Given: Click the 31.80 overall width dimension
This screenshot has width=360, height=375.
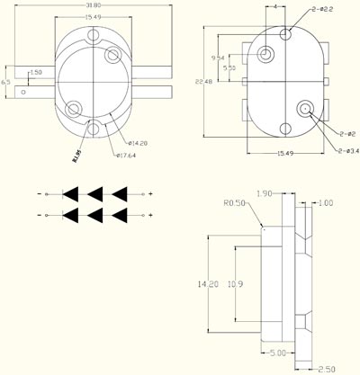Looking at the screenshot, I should coord(92,5).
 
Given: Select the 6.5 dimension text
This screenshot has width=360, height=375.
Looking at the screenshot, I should coord(6,82).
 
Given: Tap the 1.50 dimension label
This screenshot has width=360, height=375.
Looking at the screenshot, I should coord(36,72).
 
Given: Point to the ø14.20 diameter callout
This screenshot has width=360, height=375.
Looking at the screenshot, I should coord(138,142).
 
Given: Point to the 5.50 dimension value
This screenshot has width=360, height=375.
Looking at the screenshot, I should coord(229,68).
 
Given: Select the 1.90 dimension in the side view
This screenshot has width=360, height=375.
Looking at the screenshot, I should coord(265,193).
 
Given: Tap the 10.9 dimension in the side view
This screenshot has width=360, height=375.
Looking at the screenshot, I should coord(232,283).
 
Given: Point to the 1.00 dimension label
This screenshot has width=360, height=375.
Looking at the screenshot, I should coord(325,203).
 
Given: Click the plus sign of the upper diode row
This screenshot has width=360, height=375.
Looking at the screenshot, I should coord(150,193).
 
